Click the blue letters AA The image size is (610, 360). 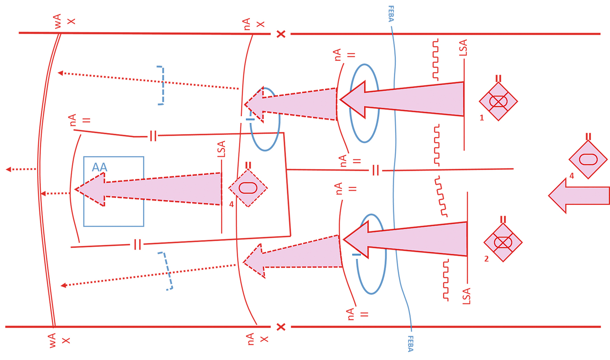[99, 167]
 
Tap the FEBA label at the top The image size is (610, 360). [391, 14]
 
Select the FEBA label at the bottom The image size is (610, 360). [410, 343]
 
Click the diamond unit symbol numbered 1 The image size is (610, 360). [498, 102]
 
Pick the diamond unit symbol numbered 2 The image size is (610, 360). [503, 243]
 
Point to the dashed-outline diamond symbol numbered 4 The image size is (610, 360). [248, 188]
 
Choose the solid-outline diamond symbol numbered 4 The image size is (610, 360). [588, 160]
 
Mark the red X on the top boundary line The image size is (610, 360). [281, 34]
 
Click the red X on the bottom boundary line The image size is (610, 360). [281, 327]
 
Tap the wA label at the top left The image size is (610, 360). [57, 21]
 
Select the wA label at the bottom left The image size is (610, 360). [52, 340]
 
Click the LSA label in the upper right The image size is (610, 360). [463, 48]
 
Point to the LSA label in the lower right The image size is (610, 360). [466, 296]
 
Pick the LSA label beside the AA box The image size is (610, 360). [221, 149]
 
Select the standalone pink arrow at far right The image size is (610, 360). [578, 196]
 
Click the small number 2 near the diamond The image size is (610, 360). [486, 259]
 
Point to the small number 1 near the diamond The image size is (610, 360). [482, 118]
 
